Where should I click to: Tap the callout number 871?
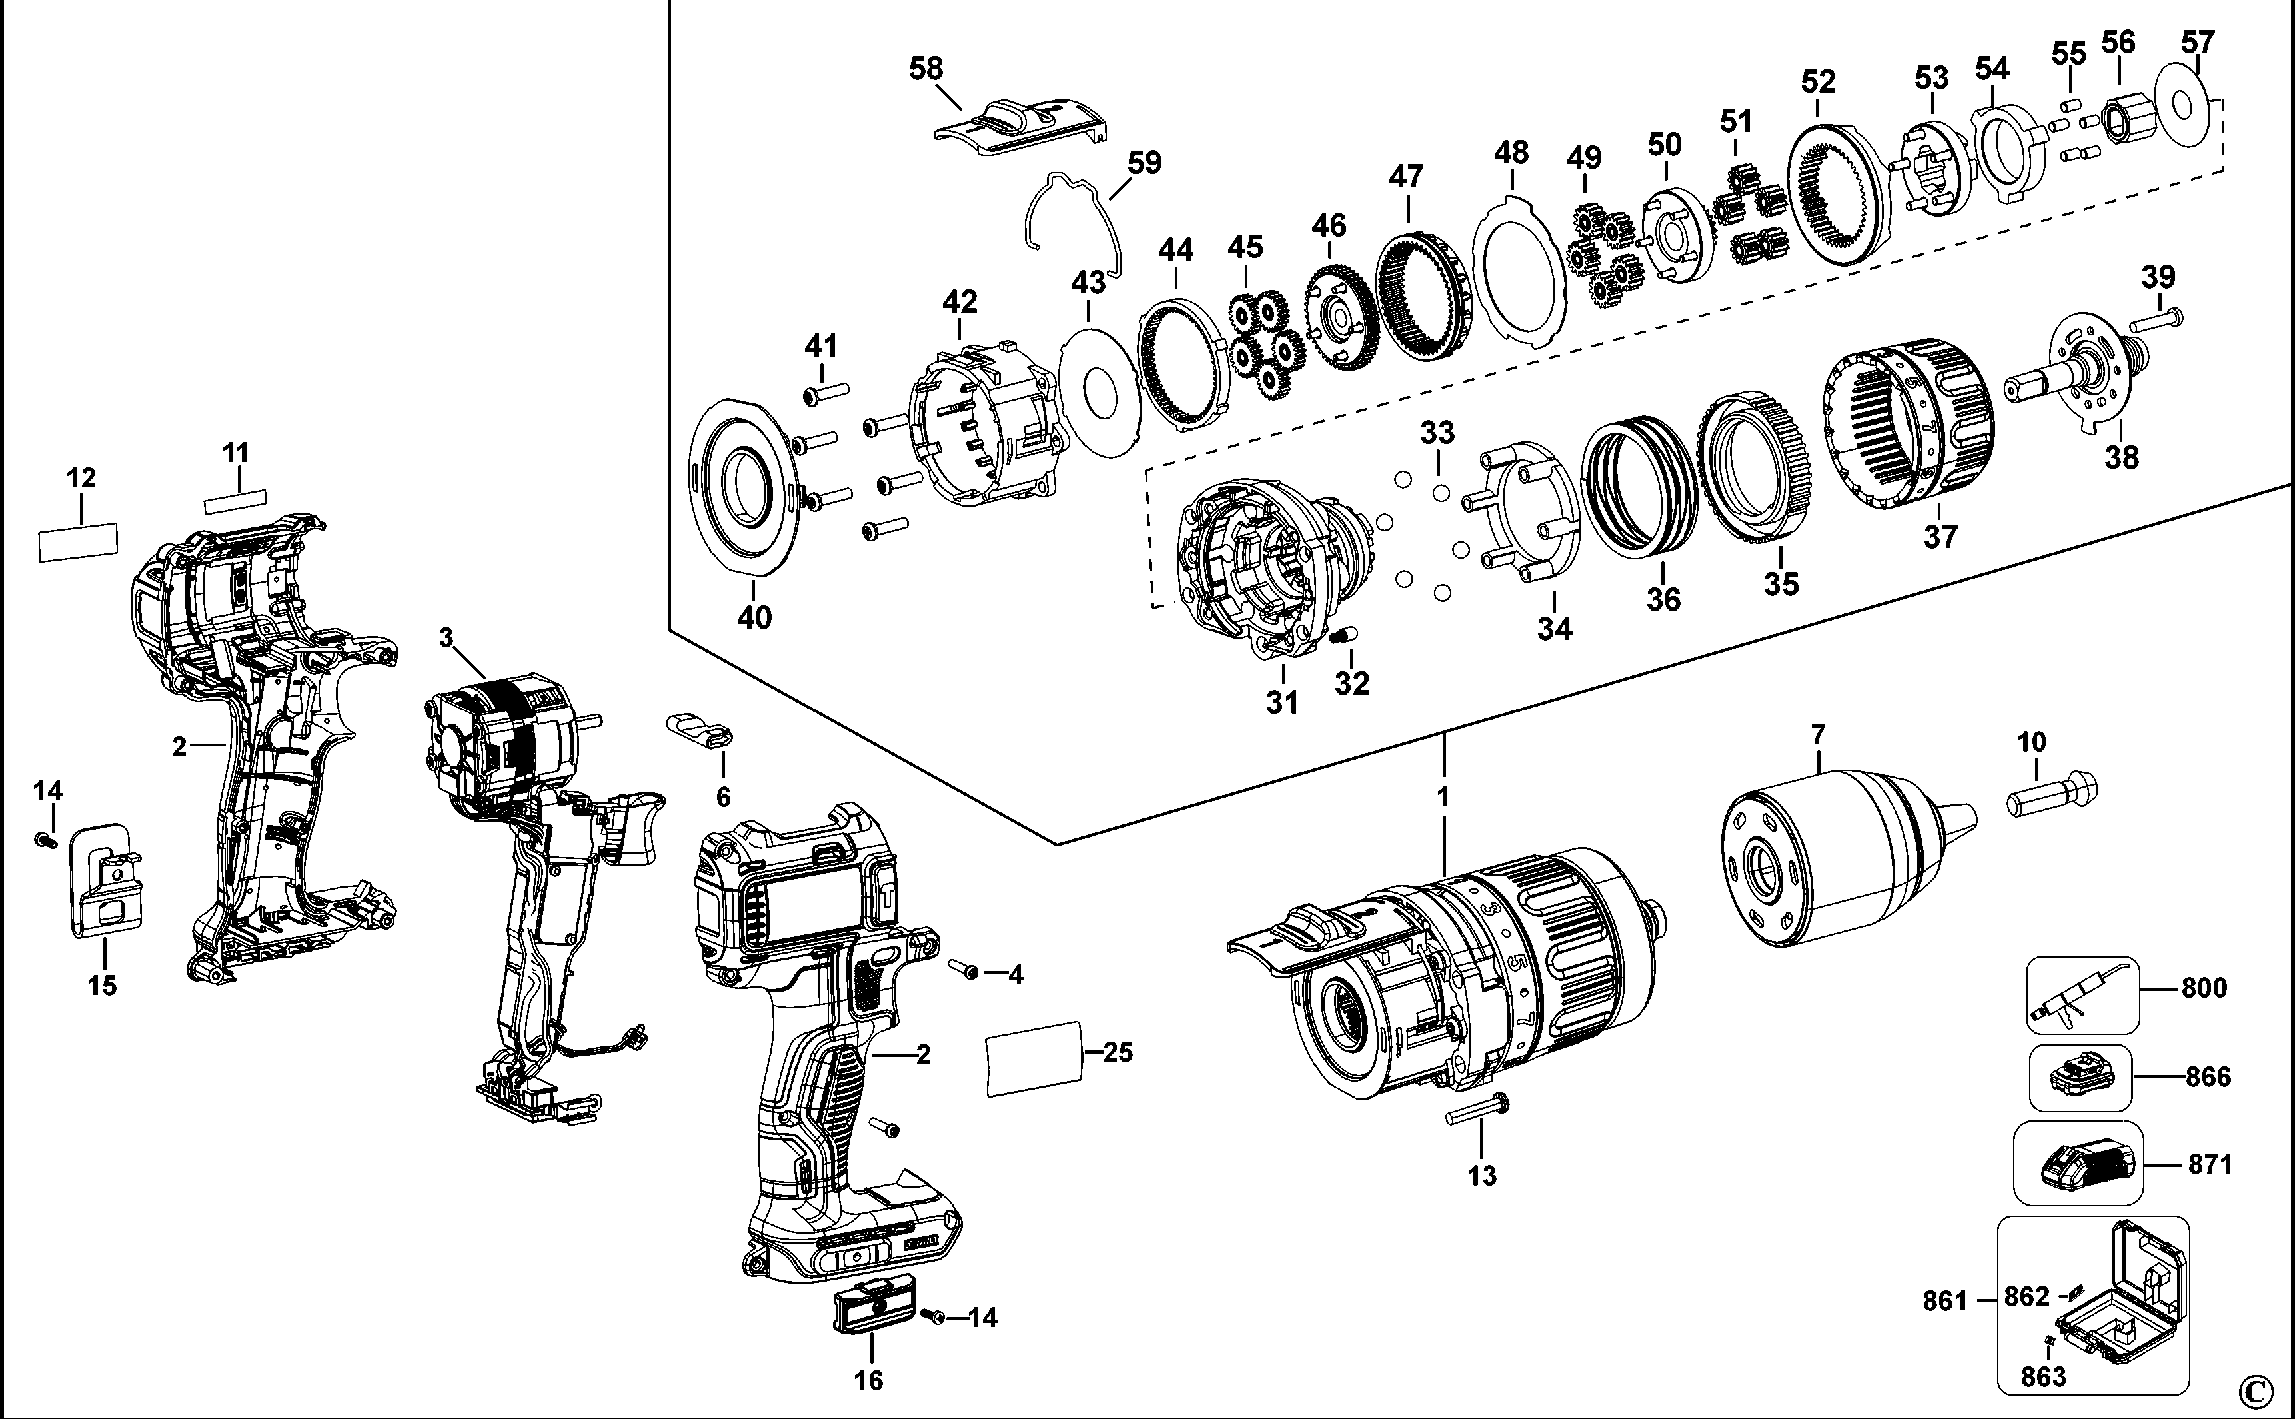[x=2210, y=1164]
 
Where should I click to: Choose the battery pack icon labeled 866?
[x=2078, y=1076]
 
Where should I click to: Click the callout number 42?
[x=959, y=302]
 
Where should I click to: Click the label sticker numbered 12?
[x=78, y=543]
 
